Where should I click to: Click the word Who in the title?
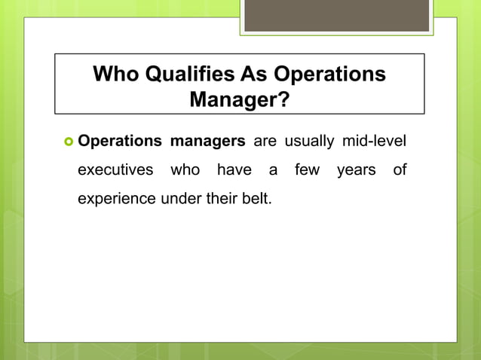coord(115,75)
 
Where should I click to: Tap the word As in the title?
coord(253,75)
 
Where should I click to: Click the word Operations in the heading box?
coord(330,75)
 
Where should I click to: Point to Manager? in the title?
coord(239,99)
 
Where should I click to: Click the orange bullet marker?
coord(66,142)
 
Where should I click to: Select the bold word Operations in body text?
coord(120,141)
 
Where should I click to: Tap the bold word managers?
coord(207,141)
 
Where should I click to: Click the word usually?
coord(309,141)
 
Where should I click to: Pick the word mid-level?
coord(374,141)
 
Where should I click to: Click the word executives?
coord(115,170)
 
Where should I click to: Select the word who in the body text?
coord(185,170)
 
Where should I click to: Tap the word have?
coord(234,170)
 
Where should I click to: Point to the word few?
coord(307,170)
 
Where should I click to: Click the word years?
coord(356,170)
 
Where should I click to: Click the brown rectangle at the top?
coord(337,15)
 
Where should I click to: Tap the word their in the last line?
coord(220,200)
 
